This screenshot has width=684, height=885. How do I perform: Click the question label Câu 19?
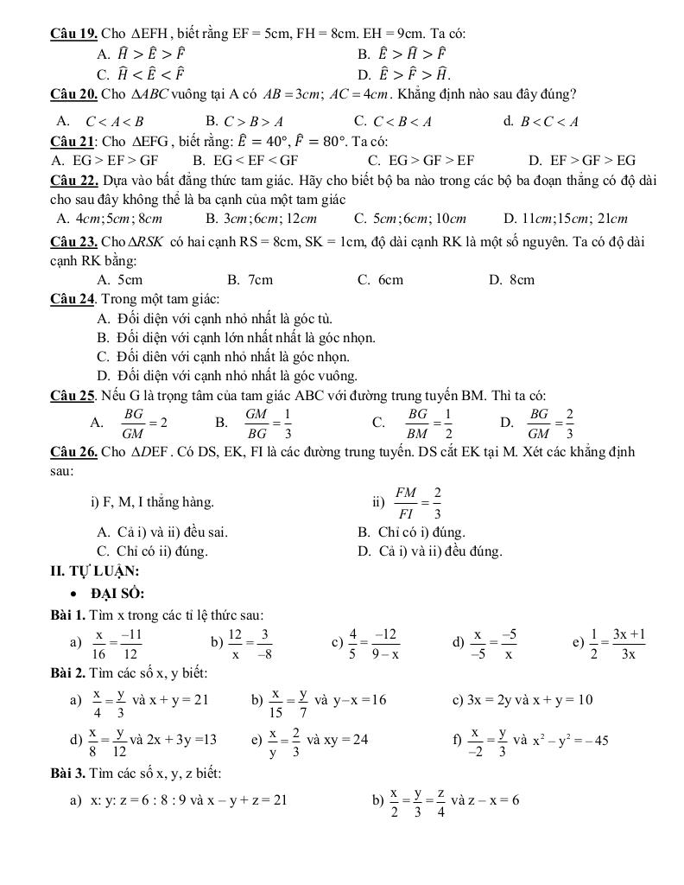click(73, 34)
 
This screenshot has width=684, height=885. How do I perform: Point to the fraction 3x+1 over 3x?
click(630, 643)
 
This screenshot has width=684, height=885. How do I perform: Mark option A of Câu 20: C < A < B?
click(103, 121)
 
